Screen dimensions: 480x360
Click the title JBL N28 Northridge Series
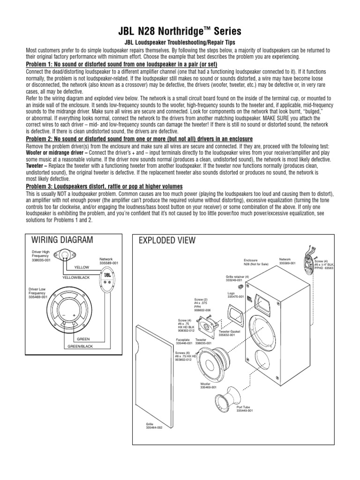click(180, 31)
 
